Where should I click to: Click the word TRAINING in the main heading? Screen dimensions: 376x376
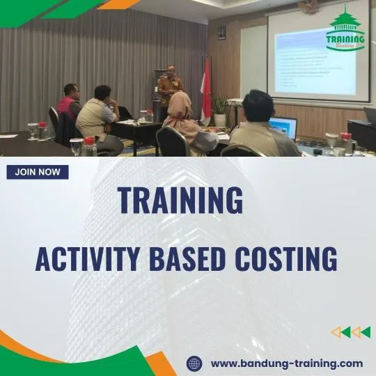coord(180,201)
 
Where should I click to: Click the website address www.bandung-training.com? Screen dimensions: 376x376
coord(286,363)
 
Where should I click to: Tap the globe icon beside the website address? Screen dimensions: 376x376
coord(194,363)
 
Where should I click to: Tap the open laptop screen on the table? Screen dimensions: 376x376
coord(283,127)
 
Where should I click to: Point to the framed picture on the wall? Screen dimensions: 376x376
coord(221,33)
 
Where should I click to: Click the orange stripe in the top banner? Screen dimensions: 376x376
coord(119,5)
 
